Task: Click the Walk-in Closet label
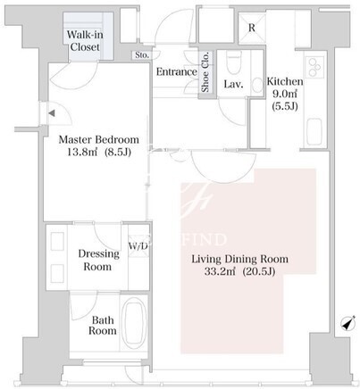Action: pos(85,41)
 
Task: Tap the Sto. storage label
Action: pos(142,55)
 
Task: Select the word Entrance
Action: pos(177,72)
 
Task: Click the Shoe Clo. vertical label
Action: pos(205,71)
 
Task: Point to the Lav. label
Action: pos(233,84)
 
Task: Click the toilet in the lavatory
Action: pos(233,62)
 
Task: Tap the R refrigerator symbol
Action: pos(252,28)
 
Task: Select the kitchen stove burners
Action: pos(314,68)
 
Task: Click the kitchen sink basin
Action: pos(314,131)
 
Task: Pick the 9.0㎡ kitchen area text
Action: pos(285,94)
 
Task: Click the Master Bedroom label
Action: pos(99,139)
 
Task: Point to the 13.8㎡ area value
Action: pos(83,152)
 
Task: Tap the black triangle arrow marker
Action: pos(52,113)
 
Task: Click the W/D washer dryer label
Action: pos(138,246)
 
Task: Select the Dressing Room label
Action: pos(98,260)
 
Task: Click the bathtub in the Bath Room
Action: pos(134,323)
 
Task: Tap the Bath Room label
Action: pos(102,326)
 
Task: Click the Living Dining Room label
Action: pos(239,259)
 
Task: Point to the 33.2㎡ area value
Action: pos(220,271)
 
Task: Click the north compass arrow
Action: pos(348,323)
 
